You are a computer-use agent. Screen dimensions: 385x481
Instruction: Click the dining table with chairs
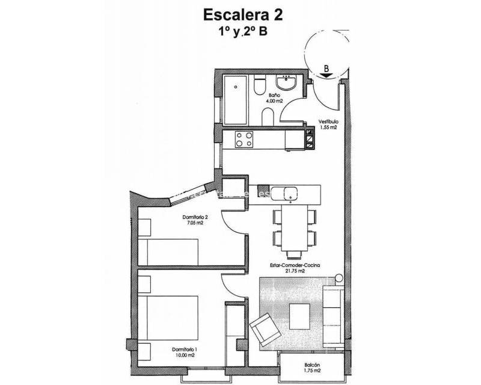[x=294, y=229]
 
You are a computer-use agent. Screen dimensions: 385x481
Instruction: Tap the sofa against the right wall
[x=333, y=316]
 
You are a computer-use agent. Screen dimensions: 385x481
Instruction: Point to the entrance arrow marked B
[x=326, y=70]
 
